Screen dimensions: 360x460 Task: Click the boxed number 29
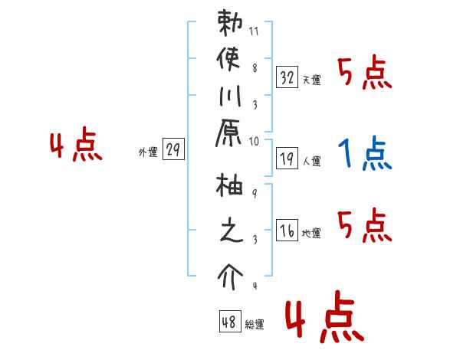point(173,150)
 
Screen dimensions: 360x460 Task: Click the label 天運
point(311,80)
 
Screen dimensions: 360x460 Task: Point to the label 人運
point(311,161)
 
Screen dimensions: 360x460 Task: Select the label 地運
point(311,233)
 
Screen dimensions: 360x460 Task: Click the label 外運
point(147,152)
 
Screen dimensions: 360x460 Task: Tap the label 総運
point(255,324)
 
